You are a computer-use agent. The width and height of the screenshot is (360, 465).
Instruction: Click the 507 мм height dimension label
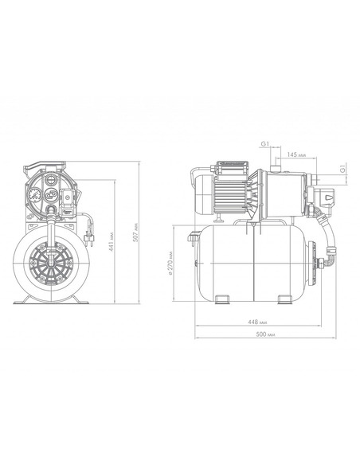[x=136, y=232]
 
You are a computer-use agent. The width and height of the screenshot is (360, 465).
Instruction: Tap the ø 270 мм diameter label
[x=170, y=264]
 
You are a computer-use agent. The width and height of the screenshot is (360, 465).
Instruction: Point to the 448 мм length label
[x=257, y=322]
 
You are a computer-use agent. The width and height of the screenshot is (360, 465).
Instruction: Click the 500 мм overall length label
[x=265, y=334]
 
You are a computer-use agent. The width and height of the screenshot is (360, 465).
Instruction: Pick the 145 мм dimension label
[x=296, y=154]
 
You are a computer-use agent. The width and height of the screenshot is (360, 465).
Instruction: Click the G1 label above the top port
[x=264, y=144]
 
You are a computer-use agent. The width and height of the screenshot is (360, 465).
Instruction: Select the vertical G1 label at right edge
[x=342, y=169]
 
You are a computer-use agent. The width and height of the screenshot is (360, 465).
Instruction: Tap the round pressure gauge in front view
[x=36, y=195]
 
